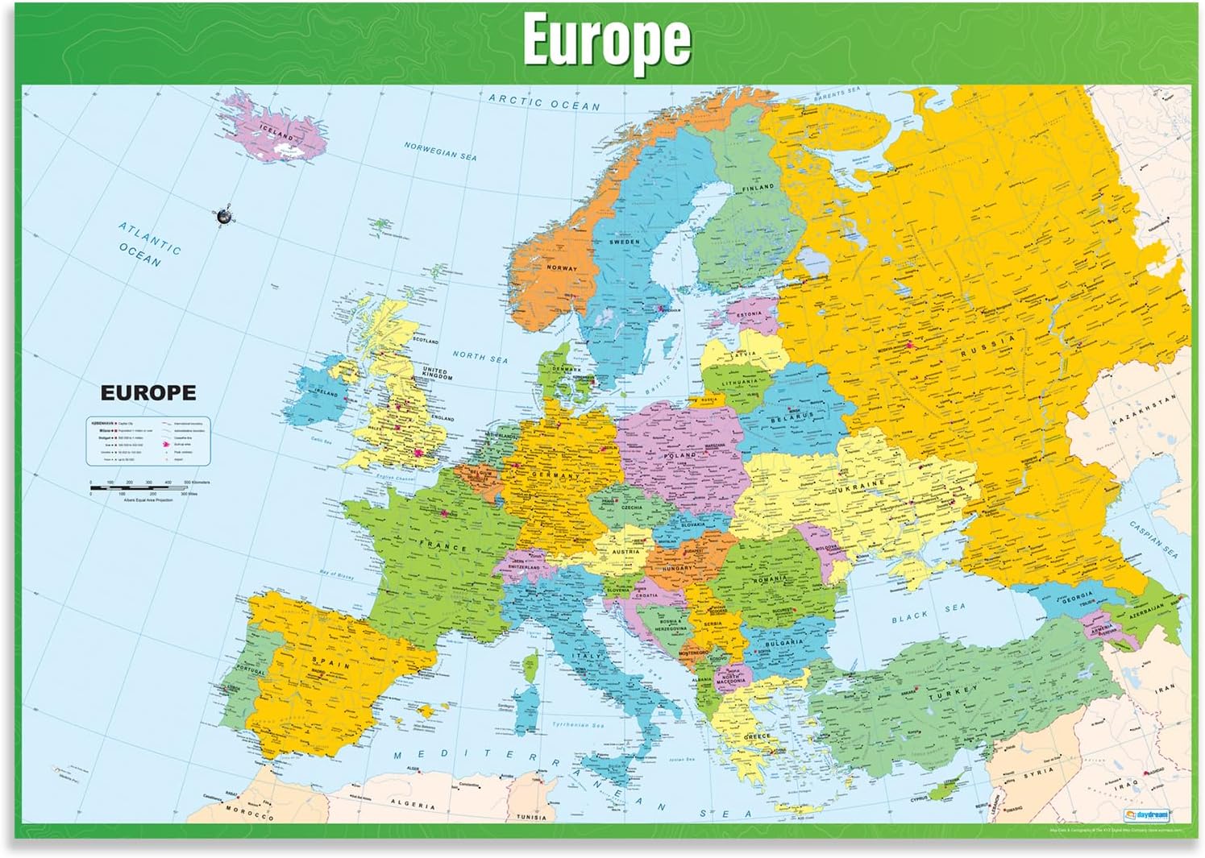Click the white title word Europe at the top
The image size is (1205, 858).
click(x=606, y=39)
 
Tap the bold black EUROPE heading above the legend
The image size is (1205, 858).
click(x=148, y=392)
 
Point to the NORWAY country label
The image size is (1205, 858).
click(x=562, y=267)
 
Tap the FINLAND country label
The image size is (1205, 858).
click(x=757, y=187)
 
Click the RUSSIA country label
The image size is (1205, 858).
click(x=987, y=346)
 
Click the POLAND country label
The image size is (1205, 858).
click(x=679, y=456)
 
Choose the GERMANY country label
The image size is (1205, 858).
click(x=555, y=475)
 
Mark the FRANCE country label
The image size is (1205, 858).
click(x=443, y=547)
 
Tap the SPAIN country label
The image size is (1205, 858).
click(x=331, y=663)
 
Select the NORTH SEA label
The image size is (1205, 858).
click(x=480, y=355)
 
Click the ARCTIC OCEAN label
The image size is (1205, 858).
click(x=545, y=102)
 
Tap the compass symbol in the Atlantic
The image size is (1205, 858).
click(x=224, y=215)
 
